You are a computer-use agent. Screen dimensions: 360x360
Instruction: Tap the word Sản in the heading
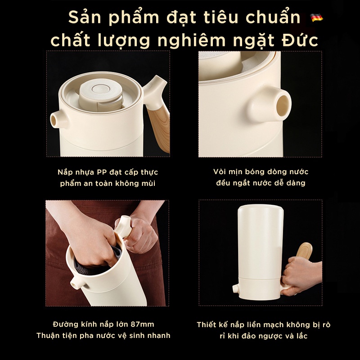pos(84,18)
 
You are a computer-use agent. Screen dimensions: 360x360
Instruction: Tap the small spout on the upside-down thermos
pos(235,288)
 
